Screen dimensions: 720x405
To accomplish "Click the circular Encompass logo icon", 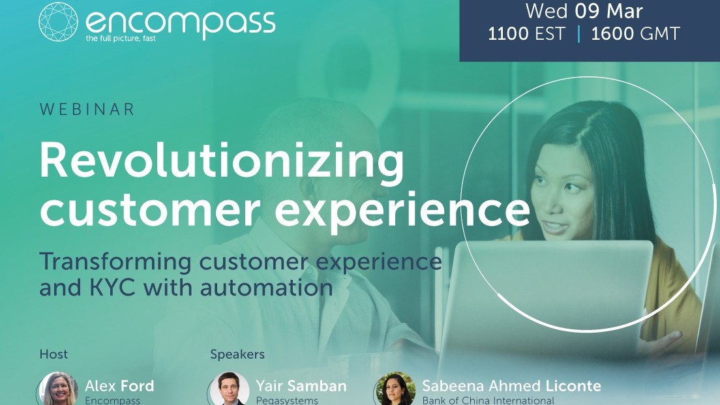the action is pyautogui.click(x=58, y=22).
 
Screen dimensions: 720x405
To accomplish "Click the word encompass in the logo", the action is pyautogui.click(x=181, y=23).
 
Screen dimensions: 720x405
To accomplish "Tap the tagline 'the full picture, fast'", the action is pyautogui.click(x=121, y=38).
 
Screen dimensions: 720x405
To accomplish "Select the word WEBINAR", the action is pyautogui.click(x=87, y=110).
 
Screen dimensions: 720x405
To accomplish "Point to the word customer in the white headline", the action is pyautogui.click(x=150, y=209).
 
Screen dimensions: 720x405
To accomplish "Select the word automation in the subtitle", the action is pyautogui.click(x=266, y=288).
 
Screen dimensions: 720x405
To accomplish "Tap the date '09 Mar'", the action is pyautogui.click(x=608, y=11).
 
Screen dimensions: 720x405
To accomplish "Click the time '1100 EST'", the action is pyautogui.click(x=526, y=33).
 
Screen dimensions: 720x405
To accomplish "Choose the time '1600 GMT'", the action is pyautogui.click(x=635, y=33).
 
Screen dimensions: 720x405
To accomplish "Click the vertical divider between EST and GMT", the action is pyautogui.click(x=578, y=34).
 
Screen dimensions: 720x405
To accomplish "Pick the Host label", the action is pyautogui.click(x=53, y=355).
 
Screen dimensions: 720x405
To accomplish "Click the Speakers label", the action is pyautogui.click(x=237, y=355).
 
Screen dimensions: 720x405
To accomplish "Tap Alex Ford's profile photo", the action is pyautogui.click(x=57, y=389).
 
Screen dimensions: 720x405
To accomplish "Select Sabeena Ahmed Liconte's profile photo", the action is pyautogui.click(x=395, y=389).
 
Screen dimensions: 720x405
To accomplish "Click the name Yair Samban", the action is pyautogui.click(x=301, y=385).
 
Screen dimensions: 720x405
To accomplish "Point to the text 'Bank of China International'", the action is pyautogui.click(x=488, y=400).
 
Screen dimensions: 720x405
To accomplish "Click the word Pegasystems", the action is pyautogui.click(x=287, y=401).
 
